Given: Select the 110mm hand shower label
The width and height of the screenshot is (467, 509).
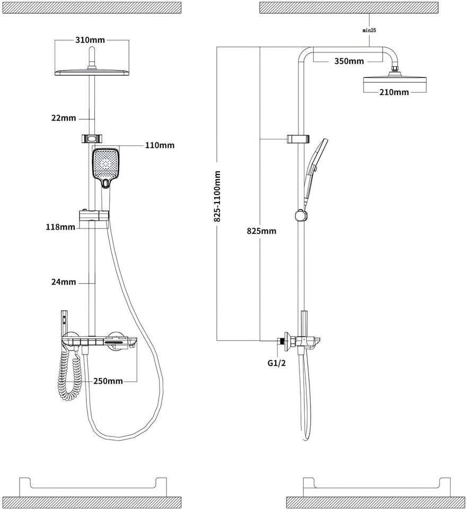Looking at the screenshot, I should [160, 145].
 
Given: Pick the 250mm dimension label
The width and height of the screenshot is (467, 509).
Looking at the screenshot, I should [108, 381].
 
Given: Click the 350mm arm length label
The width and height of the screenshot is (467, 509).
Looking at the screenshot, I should [349, 61].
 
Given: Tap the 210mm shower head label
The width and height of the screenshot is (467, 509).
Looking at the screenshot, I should [394, 92].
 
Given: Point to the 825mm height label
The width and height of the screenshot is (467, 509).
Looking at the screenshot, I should [261, 231].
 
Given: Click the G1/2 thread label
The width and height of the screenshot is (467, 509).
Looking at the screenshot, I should [277, 364].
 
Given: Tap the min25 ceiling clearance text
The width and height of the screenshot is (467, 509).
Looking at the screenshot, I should [369, 31].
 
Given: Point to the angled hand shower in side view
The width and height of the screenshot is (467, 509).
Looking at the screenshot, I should [316, 164].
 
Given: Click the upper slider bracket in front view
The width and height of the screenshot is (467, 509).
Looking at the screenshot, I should [93, 139].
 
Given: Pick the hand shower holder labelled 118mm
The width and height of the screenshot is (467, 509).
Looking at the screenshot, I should [94, 216].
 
